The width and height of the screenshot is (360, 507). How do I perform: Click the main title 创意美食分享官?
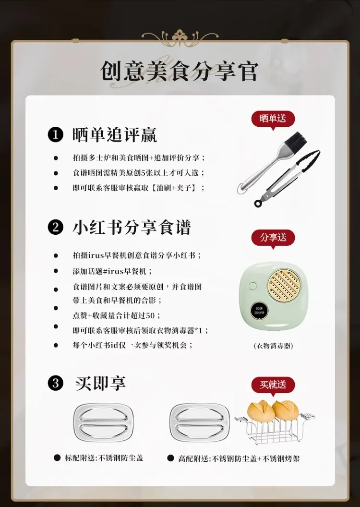180,71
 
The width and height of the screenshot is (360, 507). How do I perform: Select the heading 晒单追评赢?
115,135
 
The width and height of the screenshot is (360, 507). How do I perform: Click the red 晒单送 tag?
273,119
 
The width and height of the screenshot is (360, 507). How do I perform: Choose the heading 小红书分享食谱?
132,227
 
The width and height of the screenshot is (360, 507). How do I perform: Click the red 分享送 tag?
273,237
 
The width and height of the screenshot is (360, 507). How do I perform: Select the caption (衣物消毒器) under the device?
273,346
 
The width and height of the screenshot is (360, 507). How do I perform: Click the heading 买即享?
100,383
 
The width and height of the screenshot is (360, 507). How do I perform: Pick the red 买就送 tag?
273,385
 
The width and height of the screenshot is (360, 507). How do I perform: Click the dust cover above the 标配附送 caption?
103,422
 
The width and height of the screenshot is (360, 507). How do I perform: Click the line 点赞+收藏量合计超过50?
117,315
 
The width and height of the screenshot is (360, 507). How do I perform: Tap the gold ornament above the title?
180,37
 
